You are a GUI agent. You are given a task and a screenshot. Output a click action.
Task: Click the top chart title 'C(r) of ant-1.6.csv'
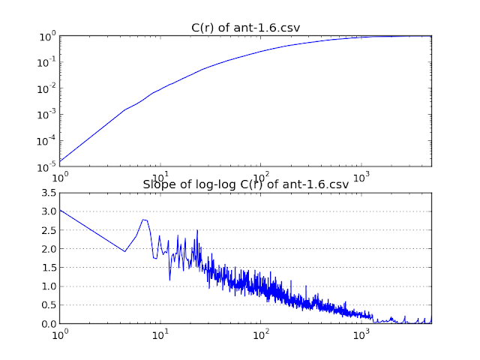(245, 28)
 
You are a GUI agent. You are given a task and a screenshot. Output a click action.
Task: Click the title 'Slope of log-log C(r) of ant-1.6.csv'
(246, 184)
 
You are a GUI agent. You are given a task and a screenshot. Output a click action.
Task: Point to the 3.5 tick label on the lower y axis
(49, 193)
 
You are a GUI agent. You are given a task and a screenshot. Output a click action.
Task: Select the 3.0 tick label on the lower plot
(49, 211)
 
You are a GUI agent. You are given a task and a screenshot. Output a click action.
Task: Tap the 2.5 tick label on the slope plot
(49, 230)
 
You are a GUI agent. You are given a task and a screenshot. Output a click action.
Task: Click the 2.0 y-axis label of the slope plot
(49, 249)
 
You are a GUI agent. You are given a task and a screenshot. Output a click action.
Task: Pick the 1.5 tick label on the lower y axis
(49, 268)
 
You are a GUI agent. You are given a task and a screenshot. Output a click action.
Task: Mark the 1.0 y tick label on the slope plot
(49, 286)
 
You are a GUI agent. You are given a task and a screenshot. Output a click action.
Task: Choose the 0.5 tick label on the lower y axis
(49, 305)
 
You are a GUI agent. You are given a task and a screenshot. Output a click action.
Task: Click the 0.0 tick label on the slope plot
(49, 324)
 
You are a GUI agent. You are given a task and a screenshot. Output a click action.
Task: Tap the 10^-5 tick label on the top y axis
(46, 166)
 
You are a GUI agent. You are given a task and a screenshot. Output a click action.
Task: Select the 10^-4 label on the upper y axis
(46, 141)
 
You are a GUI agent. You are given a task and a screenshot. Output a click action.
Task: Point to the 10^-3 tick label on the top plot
(46, 115)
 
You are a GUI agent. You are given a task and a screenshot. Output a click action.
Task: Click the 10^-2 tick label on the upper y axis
(46, 88)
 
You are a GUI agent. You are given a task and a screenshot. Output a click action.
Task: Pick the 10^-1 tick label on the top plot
(46, 62)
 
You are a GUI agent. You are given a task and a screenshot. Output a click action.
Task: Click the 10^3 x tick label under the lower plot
(361, 334)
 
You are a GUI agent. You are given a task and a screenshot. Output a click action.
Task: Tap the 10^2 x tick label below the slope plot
(261, 334)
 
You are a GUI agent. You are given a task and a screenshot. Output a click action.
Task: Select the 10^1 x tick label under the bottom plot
(160, 334)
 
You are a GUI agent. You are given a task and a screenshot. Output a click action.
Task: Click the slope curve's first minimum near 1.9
(124, 252)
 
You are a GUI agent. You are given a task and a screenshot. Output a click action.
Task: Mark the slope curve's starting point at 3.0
(60, 210)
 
